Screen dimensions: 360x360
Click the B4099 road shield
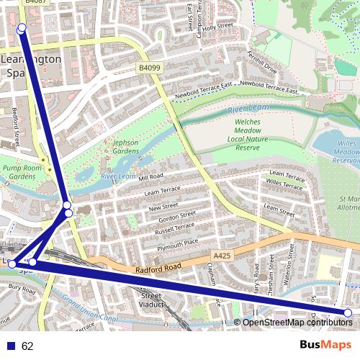[x=149, y=68]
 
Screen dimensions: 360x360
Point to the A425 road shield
[x=222, y=256]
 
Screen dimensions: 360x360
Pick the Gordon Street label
[x=177, y=216]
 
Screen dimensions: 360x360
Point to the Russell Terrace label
[x=175, y=228]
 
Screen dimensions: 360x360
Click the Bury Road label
[x=22, y=289]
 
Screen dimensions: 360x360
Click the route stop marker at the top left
[x=22, y=28]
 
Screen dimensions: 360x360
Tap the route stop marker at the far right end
[x=348, y=312]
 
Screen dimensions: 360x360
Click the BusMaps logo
[x=325, y=345]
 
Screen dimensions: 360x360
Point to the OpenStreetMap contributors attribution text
[x=297, y=322]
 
